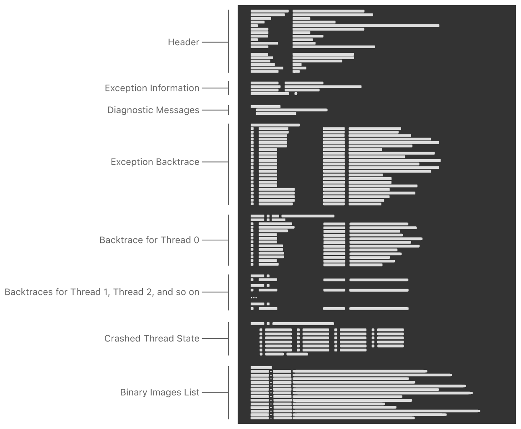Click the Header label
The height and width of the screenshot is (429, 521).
click(x=183, y=42)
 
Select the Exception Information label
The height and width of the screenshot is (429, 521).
click(x=152, y=88)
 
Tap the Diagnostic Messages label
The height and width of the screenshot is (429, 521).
click(x=153, y=110)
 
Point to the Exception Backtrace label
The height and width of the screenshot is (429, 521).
click(x=155, y=162)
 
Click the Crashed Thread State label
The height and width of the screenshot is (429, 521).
click(x=152, y=339)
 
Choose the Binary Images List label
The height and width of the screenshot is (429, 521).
click(x=159, y=392)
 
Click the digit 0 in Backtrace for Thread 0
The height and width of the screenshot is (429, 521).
click(x=196, y=240)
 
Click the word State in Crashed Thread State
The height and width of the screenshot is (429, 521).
click(x=188, y=339)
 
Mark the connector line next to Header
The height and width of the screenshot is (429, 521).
click(x=215, y=42)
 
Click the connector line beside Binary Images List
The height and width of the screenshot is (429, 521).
click(x=215, y=393)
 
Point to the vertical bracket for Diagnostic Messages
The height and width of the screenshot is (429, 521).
click(x=228, y=110)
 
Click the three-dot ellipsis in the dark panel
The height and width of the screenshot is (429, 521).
click(x=254, y=297)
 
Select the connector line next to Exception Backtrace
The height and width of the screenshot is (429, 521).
click(x=215, y=162)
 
